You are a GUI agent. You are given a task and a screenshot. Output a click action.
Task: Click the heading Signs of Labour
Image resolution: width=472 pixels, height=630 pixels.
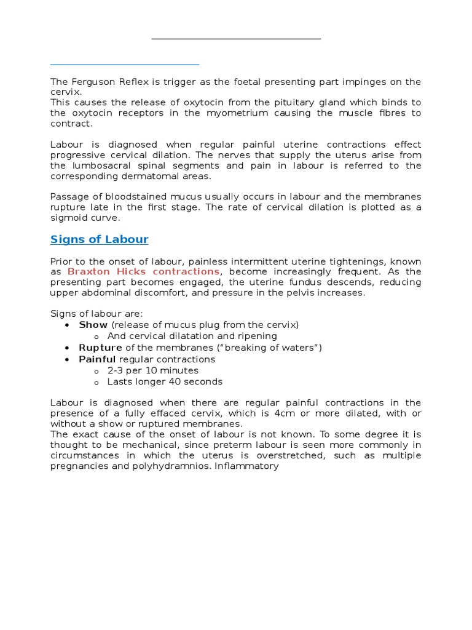pyautogui.click(x=99, y=239)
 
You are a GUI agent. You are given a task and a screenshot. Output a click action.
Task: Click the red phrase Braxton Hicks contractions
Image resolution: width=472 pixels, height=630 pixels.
pyautogui.click(x=143, y=271)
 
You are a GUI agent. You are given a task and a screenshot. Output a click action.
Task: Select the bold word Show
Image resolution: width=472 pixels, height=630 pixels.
pyautogui.click(x=93, y=325)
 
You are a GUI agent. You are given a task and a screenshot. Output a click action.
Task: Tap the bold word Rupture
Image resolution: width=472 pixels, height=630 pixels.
pyautogui.click(x=100, y=348)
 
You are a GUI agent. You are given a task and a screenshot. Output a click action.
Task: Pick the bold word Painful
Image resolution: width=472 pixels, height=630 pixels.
pyautogui.click(x=97, y=359)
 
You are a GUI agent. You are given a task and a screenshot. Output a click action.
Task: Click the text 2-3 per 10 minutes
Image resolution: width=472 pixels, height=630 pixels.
pyautogui.click(x=152, y=370)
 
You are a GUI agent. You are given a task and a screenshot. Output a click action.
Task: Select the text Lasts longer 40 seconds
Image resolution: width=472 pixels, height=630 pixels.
pyautogui.click(x=165, y=381)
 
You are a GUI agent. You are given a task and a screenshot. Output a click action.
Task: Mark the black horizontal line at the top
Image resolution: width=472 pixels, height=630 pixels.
pyautogui.click(x=236, y=39)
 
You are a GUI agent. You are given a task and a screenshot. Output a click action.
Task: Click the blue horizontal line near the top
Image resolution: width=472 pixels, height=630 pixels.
pyautogui.click(x=125, y=63)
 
